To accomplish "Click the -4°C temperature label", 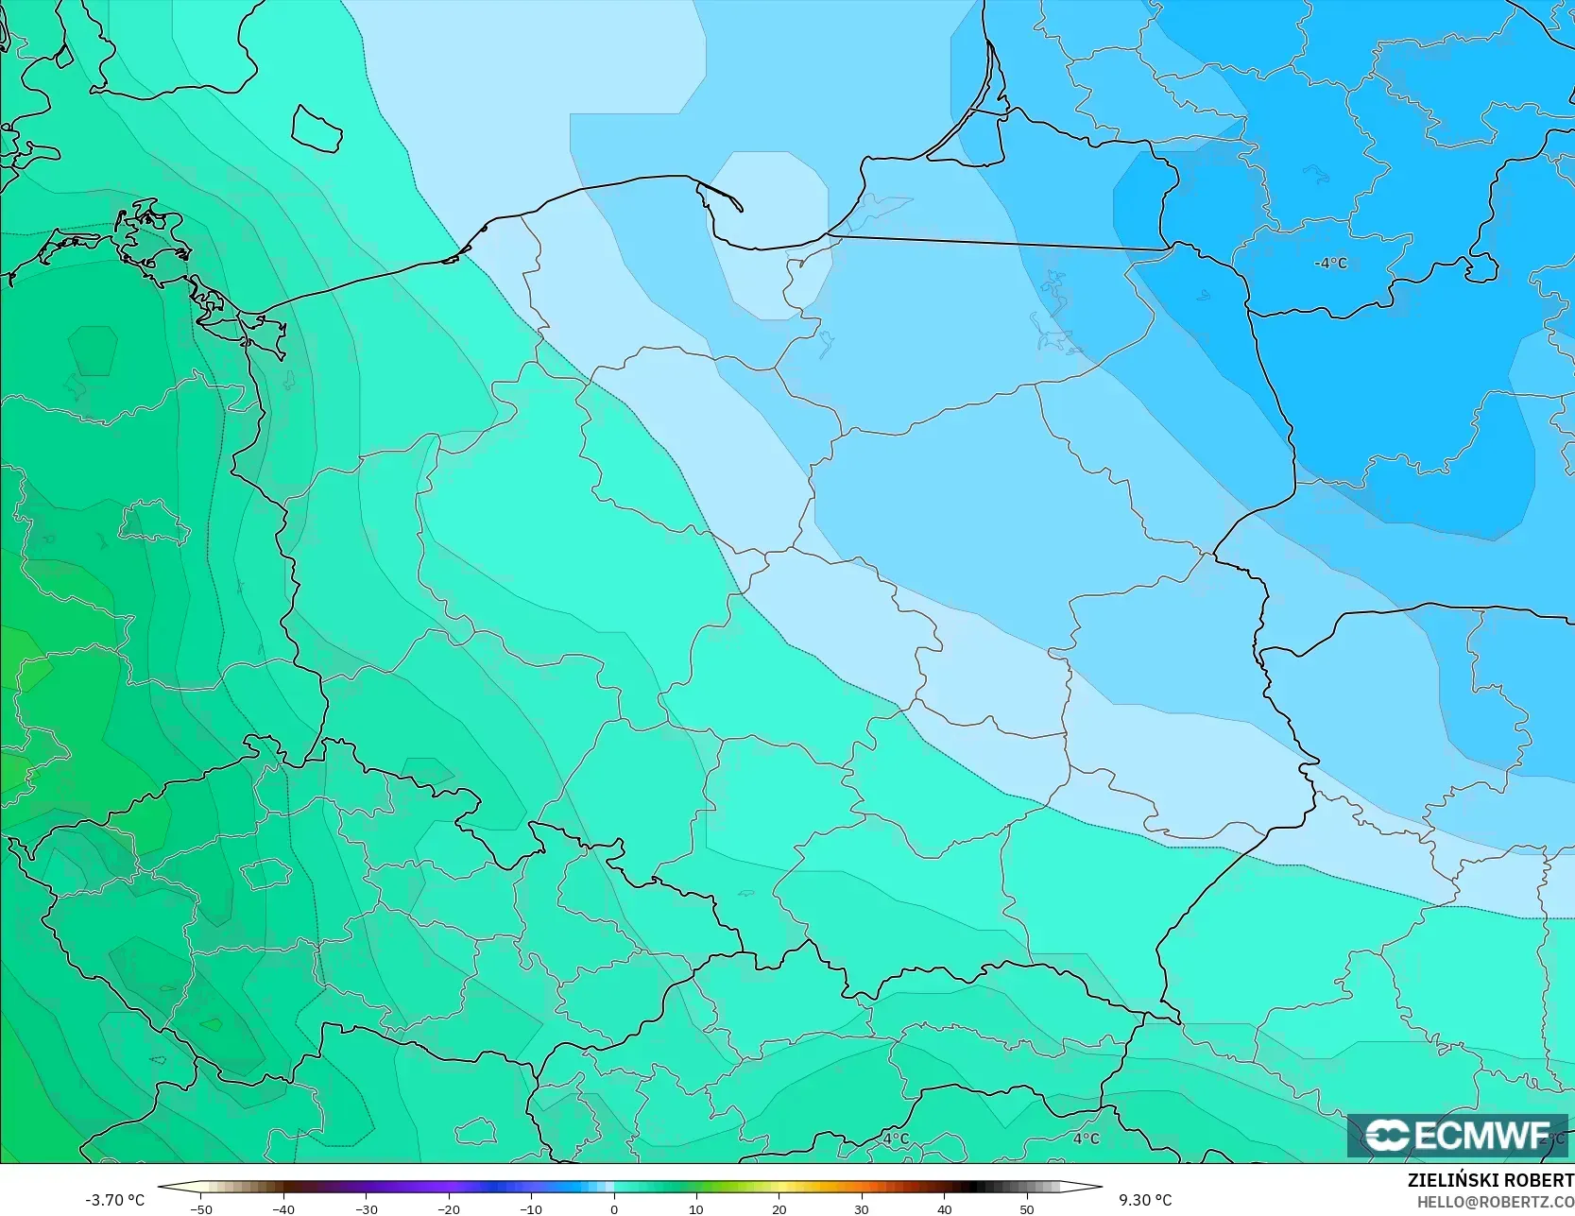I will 1330,263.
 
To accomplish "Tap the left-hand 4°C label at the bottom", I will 895,1139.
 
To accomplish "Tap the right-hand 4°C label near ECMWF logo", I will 1086,1139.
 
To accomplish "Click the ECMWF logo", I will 1457,1135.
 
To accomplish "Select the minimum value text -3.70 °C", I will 114,1200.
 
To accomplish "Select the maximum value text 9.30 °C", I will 1145,1200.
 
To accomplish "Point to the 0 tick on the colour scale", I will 613,1209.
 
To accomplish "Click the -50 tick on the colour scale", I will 200,1209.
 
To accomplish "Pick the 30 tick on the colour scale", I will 861,1209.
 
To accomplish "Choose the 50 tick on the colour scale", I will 1026,1209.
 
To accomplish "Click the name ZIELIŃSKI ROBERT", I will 1490,1181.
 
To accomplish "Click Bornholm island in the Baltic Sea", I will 316,128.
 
